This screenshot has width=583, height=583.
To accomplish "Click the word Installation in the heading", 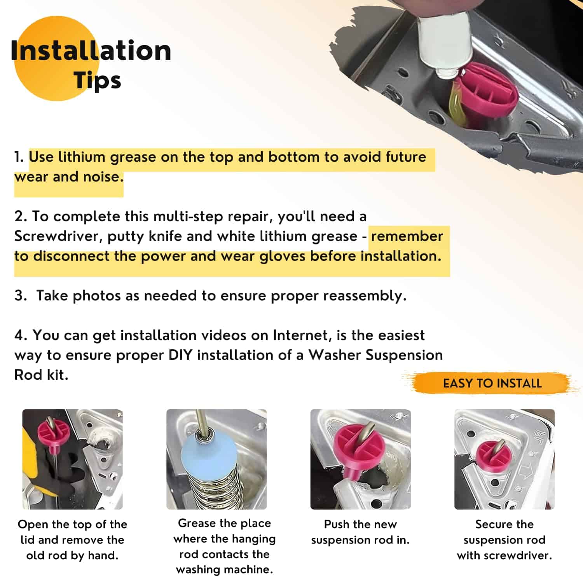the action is tap(91, 51).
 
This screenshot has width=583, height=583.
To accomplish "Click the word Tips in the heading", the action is tap(98, 81).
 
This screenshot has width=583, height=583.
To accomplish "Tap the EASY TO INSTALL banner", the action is tap(492, 383).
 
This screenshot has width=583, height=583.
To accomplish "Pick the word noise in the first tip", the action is tap(103, 177).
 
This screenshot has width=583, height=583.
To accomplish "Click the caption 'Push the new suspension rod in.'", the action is tap(360, 532).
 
